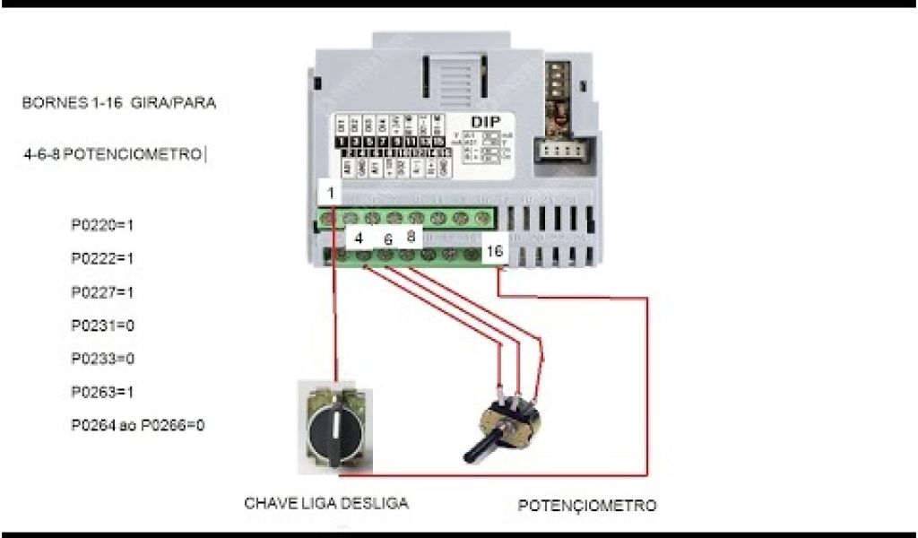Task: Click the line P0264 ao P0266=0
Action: click(138, 425)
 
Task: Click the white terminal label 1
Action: click(330, 193)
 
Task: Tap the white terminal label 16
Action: click(494, 252)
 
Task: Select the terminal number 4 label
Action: click(359, 239)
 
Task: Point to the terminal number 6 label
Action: click(387, 239)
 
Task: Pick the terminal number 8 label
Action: click(411, 238)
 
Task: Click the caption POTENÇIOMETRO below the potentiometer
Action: click(587, 505)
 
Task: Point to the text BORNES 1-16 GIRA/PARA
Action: click(119, 103)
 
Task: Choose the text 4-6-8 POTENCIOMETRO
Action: click(115, 154)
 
